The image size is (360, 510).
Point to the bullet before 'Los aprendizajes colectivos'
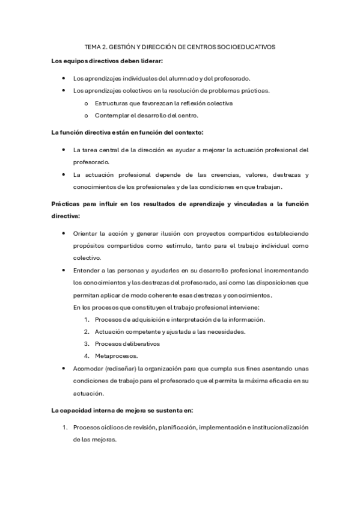[64, 91]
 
